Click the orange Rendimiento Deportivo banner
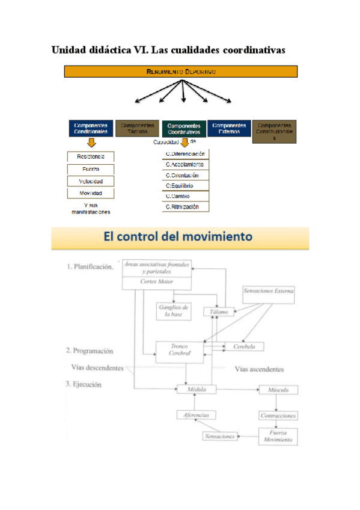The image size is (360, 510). pos(181,72)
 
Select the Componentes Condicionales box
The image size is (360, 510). pos(91,129)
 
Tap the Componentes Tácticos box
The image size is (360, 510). pos(137,129)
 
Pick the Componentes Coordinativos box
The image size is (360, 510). pos(183,129)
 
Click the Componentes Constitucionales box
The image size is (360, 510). pos(275,132)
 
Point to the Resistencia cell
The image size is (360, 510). pos(90,157)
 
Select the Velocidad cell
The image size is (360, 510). pos(90,182)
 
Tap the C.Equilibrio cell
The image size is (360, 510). pos(186,186)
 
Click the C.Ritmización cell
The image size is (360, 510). pos(186,206)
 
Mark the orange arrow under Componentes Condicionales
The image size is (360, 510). pos(91,143)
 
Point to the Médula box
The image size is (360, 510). pos(197,390)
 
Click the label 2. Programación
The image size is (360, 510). pos(90,351)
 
